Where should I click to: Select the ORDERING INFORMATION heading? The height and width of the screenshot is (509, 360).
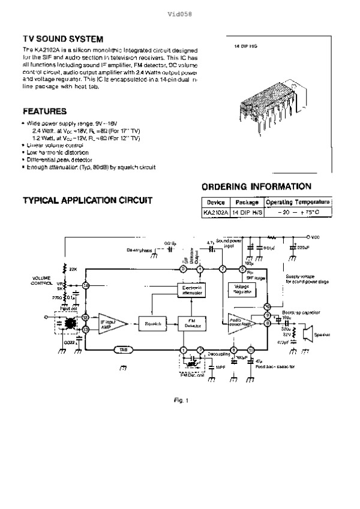256,186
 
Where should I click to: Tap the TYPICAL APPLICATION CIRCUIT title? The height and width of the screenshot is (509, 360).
87,200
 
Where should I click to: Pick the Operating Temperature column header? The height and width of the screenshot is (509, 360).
298,203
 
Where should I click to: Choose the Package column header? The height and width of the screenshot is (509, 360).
247,203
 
